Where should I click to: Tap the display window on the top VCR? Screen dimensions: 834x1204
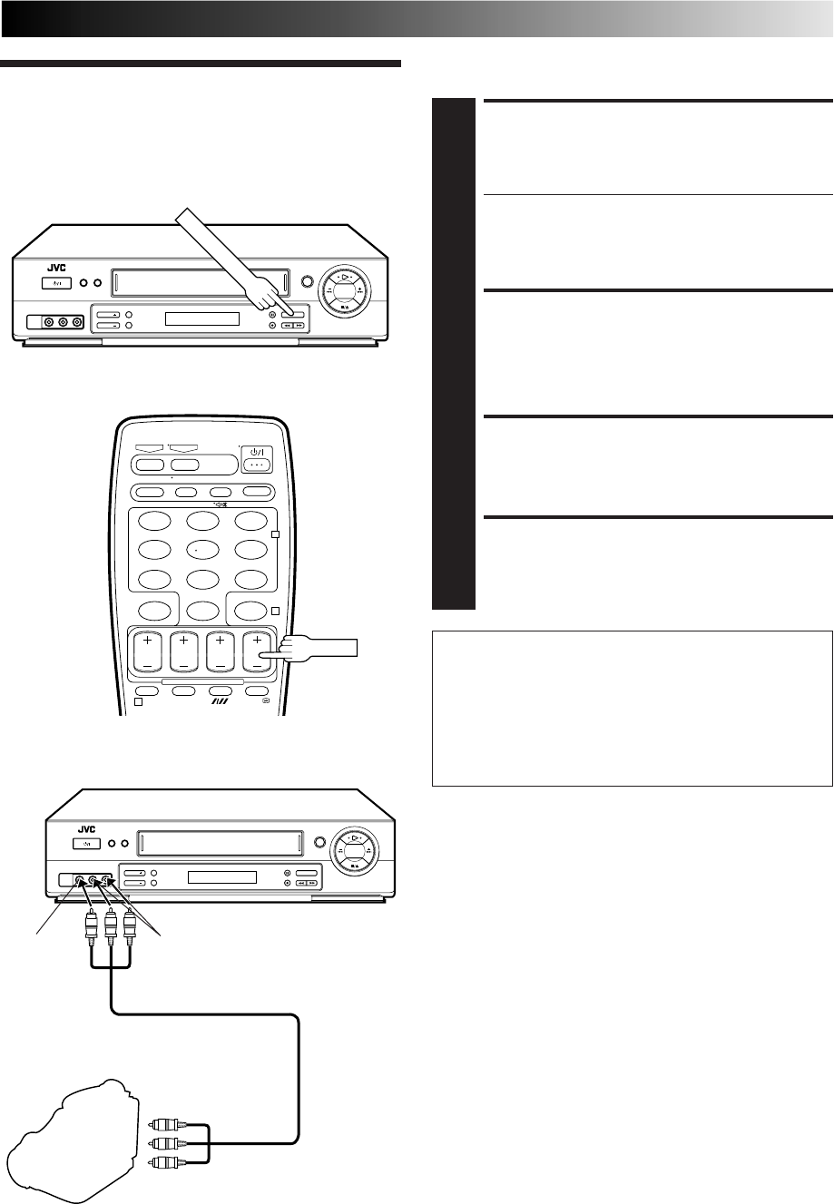[x=201, y=319]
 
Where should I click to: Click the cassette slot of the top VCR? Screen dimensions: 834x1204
[x=197, y=283]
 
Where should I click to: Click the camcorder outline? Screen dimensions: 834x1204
[x=64, y=1134]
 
